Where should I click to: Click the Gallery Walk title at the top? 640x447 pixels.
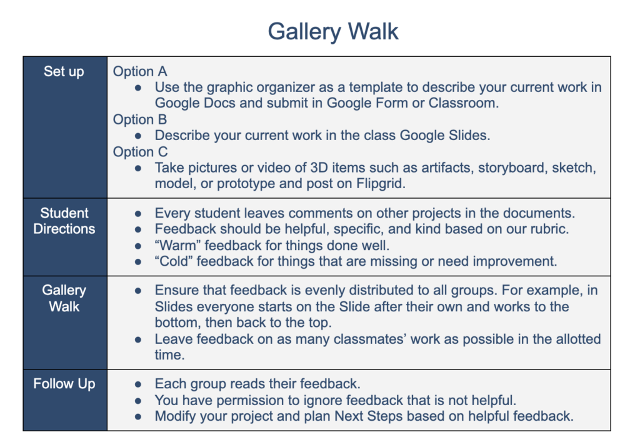tap(332, 31)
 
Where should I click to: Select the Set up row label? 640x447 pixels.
tap(64, 71)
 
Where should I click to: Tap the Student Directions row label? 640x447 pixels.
tap(64, 221)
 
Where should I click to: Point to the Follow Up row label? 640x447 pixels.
tap(64, 384)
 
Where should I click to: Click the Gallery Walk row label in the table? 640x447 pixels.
tap(64, 298)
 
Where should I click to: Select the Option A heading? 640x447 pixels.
tap(140, 71)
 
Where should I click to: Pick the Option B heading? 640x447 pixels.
tap(140, 119)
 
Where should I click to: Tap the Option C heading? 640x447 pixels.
tap(141, 152)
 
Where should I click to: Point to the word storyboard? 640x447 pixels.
tap(512, 168)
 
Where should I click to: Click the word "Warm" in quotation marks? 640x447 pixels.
tap(177, 245)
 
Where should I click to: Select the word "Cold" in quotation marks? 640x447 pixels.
tap(174, 261)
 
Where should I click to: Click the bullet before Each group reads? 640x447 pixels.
tap(138, 384)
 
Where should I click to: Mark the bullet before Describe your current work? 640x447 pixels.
tap(138, 136)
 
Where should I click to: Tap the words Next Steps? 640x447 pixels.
tap(368, 416)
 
